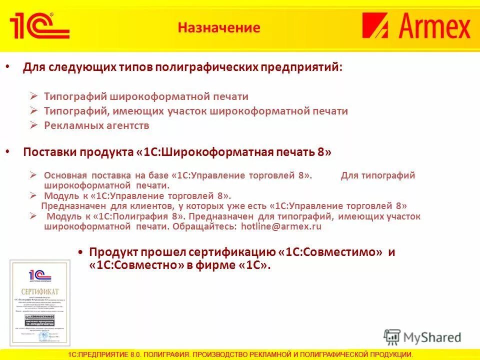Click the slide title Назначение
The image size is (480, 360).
click(x=219, y=27)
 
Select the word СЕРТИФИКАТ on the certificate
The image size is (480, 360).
click(x=40, y=291)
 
